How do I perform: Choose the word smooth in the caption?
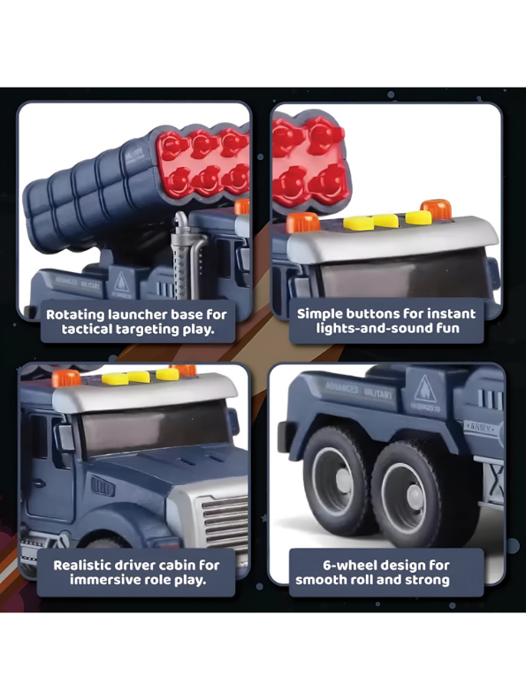click(322, 580)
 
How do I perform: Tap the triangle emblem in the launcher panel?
click(119, 283)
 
